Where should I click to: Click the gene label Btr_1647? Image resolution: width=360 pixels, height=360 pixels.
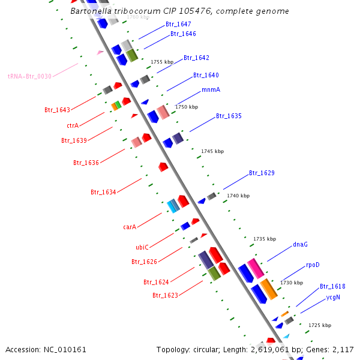point(178,24)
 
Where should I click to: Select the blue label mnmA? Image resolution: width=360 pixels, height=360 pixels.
point(211,89)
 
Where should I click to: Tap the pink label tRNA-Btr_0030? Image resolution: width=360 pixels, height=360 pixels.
point(29,76)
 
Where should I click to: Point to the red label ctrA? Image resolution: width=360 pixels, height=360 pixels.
point(73,125)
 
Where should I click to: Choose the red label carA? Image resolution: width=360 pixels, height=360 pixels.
point(130,227)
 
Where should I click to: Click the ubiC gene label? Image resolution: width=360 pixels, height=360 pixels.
point(142,247)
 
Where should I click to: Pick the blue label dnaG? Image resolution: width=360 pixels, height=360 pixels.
point(300,244)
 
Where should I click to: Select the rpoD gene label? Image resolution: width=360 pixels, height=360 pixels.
point(313,265)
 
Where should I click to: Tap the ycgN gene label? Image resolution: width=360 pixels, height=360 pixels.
point(333,296)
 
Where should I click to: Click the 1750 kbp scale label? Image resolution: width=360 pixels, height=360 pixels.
point(186,107)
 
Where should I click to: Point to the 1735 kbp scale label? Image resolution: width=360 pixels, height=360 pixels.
point(265,239)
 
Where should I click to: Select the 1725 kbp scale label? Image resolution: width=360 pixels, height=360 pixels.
point(319,325)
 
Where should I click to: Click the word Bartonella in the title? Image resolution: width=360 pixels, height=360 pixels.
point(89,11)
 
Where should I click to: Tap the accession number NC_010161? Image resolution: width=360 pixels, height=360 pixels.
point(65,349)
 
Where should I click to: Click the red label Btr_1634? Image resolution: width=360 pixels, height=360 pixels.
point(103,192)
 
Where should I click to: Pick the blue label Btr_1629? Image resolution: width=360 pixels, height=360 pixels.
point(262,173)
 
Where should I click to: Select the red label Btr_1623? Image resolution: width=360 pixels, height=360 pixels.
point(165,295)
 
